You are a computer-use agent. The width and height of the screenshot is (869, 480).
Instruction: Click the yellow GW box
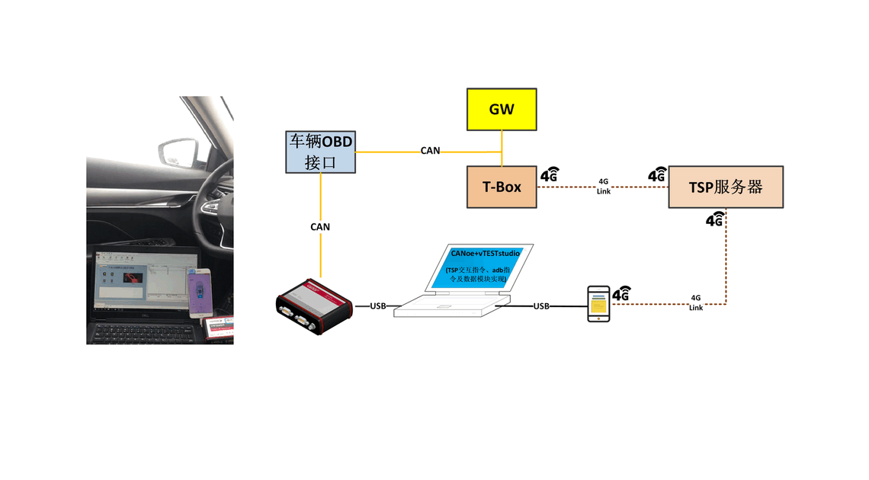click(x=502, y=109)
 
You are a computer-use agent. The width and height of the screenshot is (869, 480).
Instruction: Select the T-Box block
click(x=502, y=187)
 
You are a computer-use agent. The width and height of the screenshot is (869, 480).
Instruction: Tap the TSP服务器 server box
click(x=726, y=187)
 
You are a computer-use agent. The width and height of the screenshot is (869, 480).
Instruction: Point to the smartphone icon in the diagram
click(x=598, y=304)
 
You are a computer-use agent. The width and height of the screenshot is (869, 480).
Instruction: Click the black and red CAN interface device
click(x=314, y=306)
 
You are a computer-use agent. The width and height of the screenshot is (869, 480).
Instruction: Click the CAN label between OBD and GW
click(x=430, y=151)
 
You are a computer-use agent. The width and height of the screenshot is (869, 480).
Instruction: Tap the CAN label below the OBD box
click(x=320, y=226)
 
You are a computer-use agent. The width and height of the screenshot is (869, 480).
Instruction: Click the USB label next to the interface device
click(x=378, y=306)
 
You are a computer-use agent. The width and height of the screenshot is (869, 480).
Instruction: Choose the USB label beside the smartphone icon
click(x=541, y=306)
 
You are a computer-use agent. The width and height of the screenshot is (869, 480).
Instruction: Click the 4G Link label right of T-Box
click(x=603, y=187)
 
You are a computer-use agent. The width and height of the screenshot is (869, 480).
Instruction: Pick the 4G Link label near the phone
click(x=696, y=302)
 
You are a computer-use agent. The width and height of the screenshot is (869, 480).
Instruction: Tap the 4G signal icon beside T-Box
click(x=549, y=174)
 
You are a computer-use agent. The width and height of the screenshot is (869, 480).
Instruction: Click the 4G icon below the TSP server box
click(x=714, y=220)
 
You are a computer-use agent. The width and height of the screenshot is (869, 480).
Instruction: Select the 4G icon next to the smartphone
click(x=621, y=293)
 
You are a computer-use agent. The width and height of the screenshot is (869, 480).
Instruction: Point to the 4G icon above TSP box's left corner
click(x=657, y=174)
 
